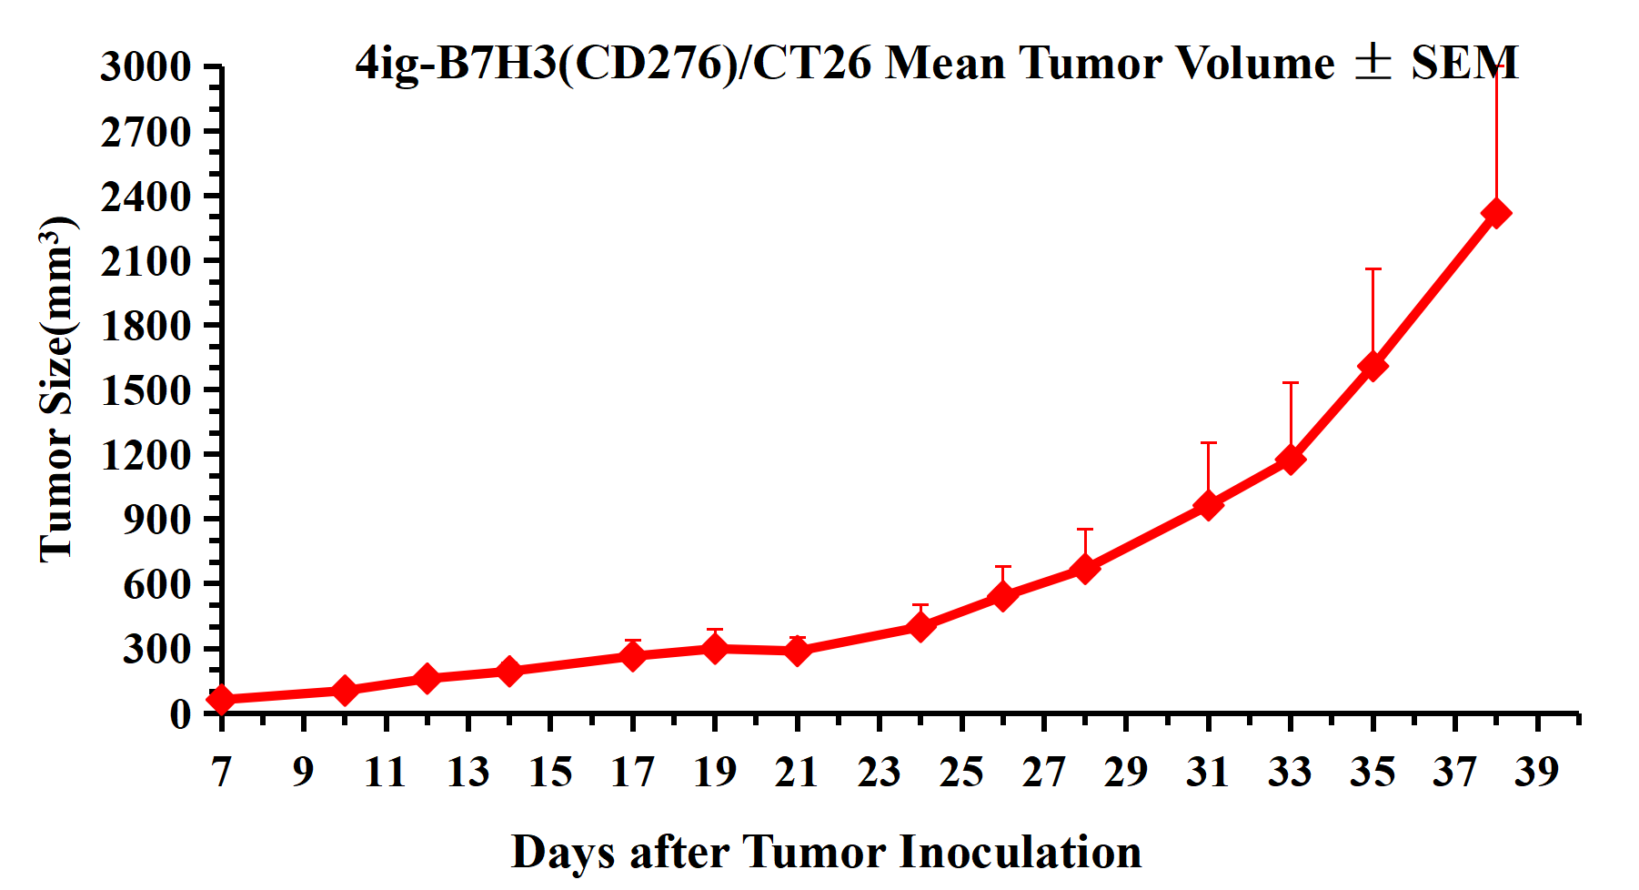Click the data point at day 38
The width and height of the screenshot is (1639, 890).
point(1496,213)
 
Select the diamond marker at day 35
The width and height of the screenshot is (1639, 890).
point(1373,366)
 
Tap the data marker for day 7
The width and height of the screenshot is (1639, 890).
point(221,700)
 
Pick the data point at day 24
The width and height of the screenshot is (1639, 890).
point(920,627)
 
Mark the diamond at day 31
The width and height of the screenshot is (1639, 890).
point(1208,505)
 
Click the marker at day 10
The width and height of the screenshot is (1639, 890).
point(345,691)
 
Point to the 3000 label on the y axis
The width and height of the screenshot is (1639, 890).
point(146,66)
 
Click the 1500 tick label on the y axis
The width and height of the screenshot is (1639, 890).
point(146,390)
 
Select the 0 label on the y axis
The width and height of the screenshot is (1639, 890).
point(180,713)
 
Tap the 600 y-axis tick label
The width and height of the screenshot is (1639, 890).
point(156,584)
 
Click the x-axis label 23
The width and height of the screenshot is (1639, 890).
point(880,772)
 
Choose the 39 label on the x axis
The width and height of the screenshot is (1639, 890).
point(1537,772)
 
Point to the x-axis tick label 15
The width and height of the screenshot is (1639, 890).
point(550,772)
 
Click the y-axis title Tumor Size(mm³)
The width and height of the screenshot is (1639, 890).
point(56,389)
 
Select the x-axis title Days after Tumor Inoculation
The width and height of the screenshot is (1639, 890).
point(826,853)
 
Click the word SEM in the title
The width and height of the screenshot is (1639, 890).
point(1464,64)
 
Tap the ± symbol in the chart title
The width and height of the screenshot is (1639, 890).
point(1373,62)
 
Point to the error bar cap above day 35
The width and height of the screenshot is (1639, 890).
point(1373,269)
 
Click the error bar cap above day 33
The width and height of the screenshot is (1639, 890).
point(1291,383)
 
